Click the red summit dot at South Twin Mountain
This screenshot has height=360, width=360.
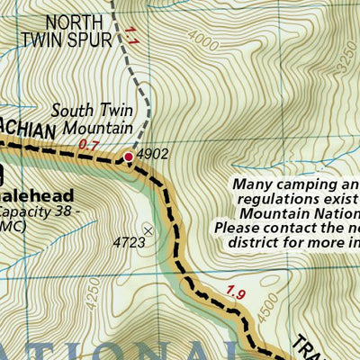129,157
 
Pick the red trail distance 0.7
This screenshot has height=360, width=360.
89,144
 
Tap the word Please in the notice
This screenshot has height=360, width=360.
236,228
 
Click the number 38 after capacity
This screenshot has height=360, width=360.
59,213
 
